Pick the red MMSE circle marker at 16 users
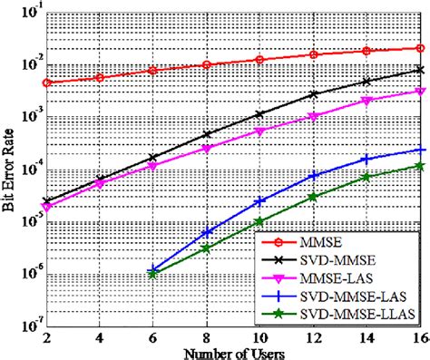point(419,48)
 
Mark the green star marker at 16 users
point(419,165)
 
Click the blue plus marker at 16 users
point(419,150)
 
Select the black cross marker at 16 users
point(419,69)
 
